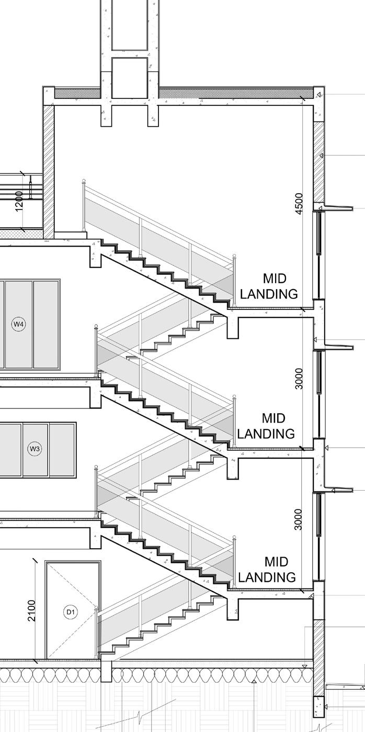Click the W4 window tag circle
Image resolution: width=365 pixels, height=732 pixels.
tap(19, 325)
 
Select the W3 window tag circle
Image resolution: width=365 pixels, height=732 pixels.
tap(35, 449)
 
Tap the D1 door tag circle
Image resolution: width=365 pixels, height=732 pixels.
tap(71, 612)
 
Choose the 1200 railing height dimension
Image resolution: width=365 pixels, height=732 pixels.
tap(19, 201)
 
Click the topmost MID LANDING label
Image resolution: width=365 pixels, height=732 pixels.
tap(269, 286)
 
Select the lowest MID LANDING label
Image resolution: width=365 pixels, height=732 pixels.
tap(267, 570)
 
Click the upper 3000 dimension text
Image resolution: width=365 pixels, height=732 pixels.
tap(299, 379)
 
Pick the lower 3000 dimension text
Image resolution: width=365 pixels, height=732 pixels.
tap(299, 519)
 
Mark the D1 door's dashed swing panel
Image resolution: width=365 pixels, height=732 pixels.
tap(73, 610)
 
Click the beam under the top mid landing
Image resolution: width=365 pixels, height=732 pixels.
tap(233, 326)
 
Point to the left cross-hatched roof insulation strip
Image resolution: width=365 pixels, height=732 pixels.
tap(77, 93)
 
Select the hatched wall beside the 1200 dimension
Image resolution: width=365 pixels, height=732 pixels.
tap(49, 170)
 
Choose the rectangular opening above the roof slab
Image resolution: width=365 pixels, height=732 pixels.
tap(130, 77)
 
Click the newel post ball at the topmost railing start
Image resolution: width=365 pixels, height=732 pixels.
tap(83, 182)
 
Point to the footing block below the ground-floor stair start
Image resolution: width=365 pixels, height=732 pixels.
tap(106, 671)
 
